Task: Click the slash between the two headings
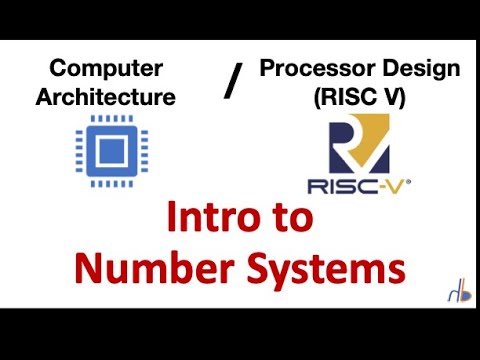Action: tap(232, 83)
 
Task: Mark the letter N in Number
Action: tap(93, 268)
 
